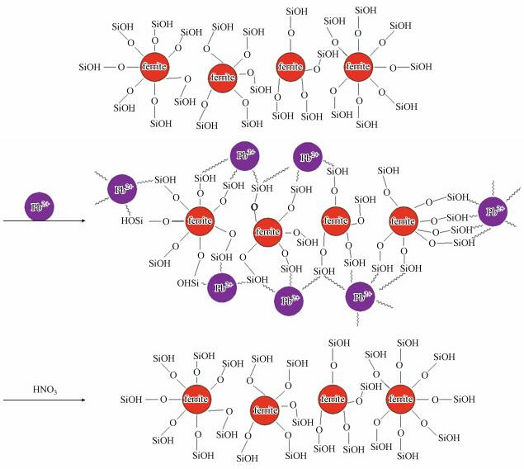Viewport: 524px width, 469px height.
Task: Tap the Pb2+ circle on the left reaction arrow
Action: coord(38,206)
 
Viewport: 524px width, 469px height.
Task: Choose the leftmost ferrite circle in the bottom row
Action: coord(196,400)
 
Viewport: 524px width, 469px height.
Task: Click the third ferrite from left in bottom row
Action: coord(334,400)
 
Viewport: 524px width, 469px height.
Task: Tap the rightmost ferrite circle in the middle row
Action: coord(403,220)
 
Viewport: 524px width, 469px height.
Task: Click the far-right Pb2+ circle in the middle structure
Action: coord(493,212)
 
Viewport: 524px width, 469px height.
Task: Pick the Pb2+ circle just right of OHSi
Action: coord(221,287)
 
